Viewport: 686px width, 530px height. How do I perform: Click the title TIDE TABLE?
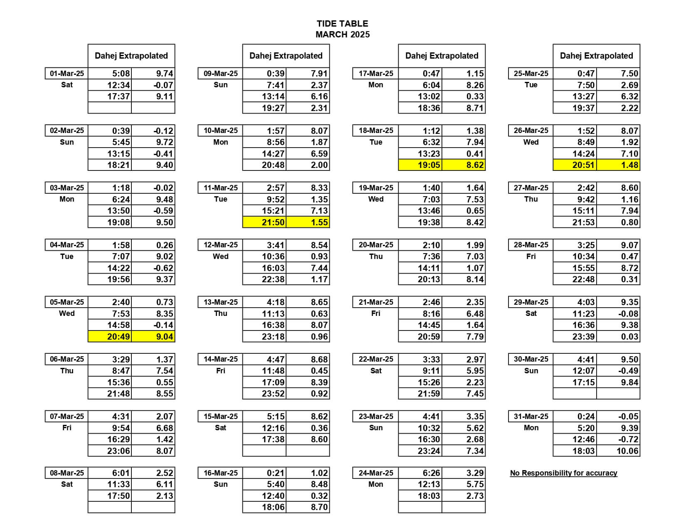(x=342, y=24)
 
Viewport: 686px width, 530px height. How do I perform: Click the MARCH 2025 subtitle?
(x=342, y=35)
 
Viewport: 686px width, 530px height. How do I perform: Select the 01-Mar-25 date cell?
(x=67, y=74)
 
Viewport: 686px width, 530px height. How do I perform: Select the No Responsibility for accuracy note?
(x=563, y=473)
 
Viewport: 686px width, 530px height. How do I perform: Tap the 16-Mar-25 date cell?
(x=221, y=473)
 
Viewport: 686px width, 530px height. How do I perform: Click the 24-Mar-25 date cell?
(x=376, y=473)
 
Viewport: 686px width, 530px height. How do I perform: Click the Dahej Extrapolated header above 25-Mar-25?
(x=596, y=56)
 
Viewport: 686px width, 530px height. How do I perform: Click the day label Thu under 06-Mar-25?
(x=67, y=371)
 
